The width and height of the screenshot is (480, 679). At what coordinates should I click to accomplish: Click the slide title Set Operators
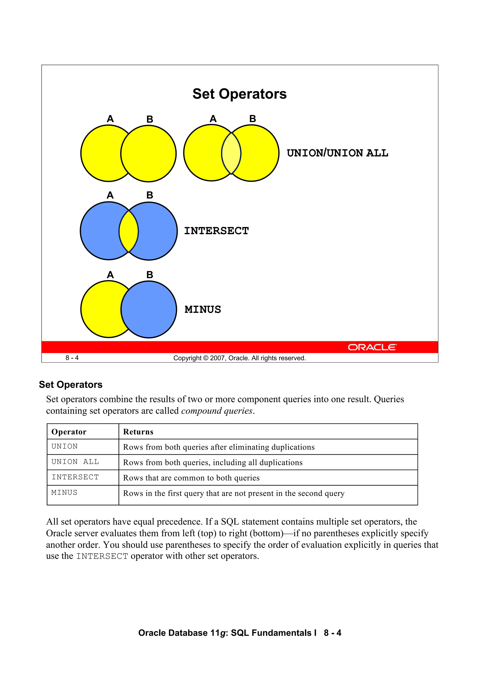click(x=239, y=94)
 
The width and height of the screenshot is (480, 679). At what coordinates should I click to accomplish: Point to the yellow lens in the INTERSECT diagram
click(x=129, y=231)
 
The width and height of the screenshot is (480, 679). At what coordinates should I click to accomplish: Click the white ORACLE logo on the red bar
click(x=372, y=347)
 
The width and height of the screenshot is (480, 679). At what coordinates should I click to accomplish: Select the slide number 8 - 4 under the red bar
click(x=72, y=358)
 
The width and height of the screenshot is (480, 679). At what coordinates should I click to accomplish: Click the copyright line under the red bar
click(x=239, y=358)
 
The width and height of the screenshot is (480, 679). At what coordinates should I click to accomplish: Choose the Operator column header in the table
click(x=69, y=432)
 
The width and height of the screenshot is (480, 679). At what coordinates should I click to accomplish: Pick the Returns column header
click(x=138, y=432)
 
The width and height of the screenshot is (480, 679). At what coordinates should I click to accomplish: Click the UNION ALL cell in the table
click(x=75, y=462)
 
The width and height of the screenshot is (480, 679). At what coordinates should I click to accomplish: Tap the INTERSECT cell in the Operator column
click(x=75, y=477)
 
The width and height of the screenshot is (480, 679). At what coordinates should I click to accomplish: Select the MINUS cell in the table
click(x=64, y=493)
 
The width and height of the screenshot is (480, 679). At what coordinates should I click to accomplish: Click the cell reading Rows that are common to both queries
click(x=191, y=478)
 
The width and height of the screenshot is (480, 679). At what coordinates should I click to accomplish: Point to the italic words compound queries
click(x=217, y=411)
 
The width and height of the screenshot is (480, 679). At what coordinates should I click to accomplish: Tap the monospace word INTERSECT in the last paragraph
click(x=102, y=556)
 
